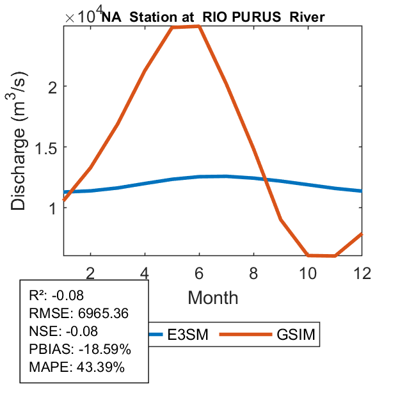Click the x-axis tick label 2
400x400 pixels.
coord(91,272)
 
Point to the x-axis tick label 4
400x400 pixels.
coord(145,272)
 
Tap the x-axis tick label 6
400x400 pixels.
coord(200,272)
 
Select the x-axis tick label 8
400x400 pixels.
coord(254,272)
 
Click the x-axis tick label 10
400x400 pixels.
coord(308,272)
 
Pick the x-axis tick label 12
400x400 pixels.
coord(362,272)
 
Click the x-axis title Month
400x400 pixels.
coord(213,297)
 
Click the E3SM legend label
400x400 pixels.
coord(188,334)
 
